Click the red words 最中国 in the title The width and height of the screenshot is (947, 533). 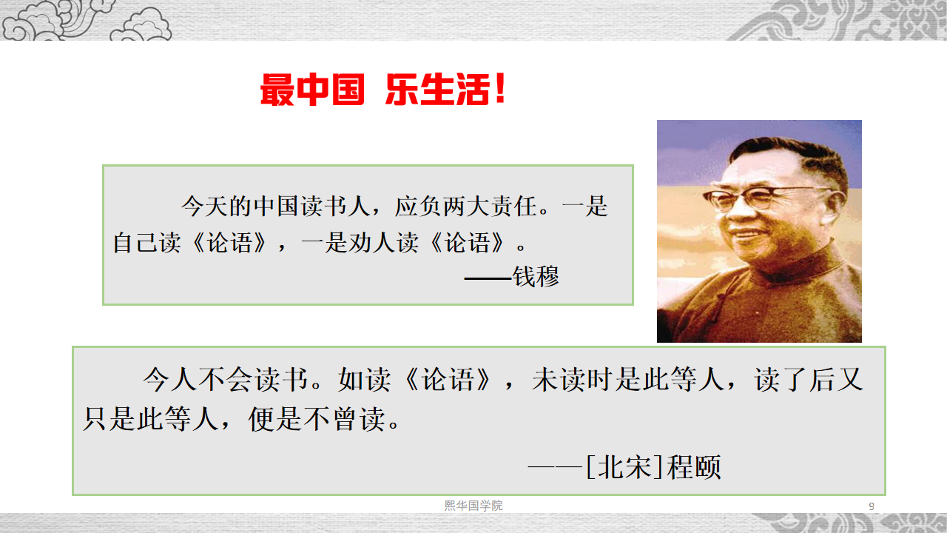tap(312, 90)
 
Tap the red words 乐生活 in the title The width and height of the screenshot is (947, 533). tap(437, 90)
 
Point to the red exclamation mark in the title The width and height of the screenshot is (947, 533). tap(500, 88)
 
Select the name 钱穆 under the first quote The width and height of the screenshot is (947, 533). tap(536, 277)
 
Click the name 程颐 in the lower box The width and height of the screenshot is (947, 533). tap(694, 467)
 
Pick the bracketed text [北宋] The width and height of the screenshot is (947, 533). tap(624, 467)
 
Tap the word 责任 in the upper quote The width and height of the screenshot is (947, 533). tap(513, 207)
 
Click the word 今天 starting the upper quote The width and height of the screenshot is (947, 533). tap(205, 207)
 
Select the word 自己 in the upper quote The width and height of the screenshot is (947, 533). tap(135, 243)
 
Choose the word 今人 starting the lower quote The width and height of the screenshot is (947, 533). tap(170, 380)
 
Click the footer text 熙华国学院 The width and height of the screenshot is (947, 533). tap(473, 506)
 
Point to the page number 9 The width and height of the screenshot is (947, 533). tap(872, 506)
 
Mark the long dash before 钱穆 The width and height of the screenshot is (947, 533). tap(488, 279)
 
